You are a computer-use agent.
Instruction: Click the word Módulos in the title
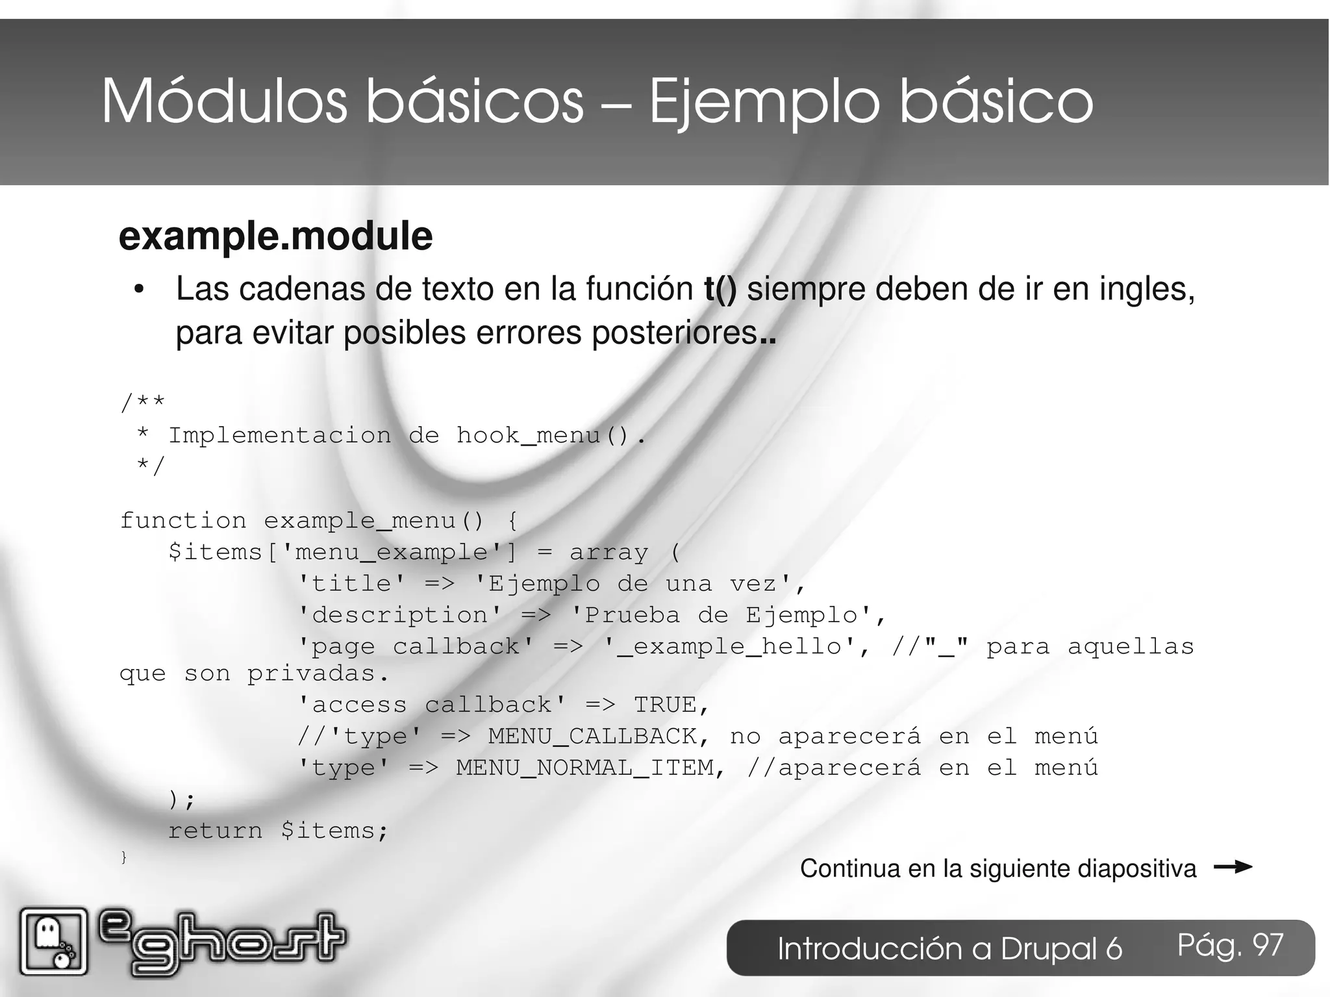[224, 102]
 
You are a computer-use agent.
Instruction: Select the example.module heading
[275, 236]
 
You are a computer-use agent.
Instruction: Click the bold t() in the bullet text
[720, 289]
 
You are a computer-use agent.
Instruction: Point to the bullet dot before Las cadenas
[138, 290]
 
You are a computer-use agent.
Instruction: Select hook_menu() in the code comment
[543, 435]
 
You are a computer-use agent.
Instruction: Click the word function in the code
[183, 520]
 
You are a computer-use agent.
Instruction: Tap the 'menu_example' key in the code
[391, 552]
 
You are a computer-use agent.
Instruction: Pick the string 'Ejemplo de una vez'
[634, 583]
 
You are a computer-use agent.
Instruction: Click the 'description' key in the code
[399, 614]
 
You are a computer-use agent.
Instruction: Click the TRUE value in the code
[665, 705]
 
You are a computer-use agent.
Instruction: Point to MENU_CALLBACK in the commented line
[592, 736]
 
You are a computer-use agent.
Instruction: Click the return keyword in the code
[215, 830]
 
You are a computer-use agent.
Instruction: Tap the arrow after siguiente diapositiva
[1232, 867]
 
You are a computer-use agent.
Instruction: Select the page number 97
[1268, 945]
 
